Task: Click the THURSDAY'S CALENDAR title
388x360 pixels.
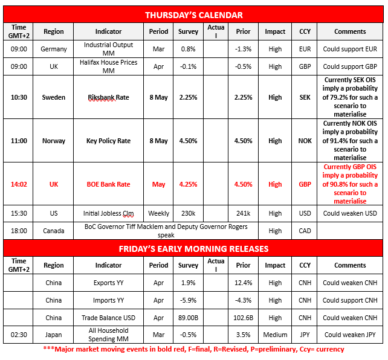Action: (193, 15)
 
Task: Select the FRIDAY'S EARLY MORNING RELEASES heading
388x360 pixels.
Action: (193, 248)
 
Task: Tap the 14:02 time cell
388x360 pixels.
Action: (19, 184)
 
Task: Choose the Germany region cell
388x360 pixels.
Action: (54, 50)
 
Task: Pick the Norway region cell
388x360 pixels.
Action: (54, 141)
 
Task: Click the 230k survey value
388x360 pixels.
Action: (188, 213)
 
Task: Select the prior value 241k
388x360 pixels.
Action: (243, 213)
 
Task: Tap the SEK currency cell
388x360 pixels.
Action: (305, 97)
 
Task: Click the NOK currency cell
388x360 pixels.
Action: (305, 141)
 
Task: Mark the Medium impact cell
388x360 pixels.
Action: (275, 335)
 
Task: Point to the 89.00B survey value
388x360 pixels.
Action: (188, 318)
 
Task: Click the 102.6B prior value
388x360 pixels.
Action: (243, 318)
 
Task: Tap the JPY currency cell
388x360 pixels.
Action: (305, 335)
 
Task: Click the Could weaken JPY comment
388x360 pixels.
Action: (350, 335)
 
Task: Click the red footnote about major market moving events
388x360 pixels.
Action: (193, 349)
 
